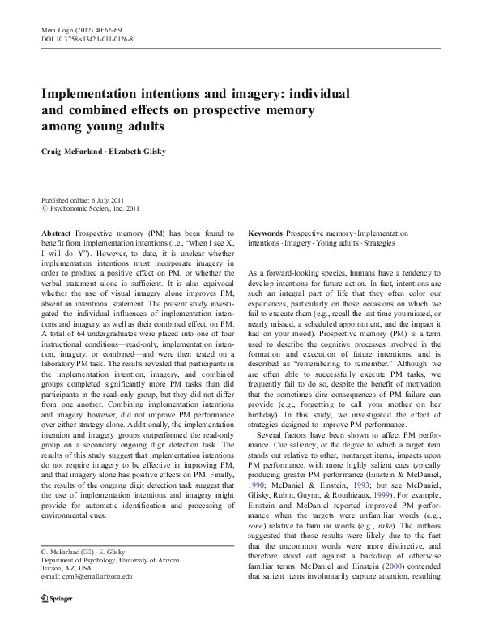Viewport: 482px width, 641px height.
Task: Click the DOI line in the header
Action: point(87,38)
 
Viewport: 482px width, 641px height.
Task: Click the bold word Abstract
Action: point(56,232)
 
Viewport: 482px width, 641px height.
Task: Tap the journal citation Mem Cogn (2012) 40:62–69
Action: point(86,29)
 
